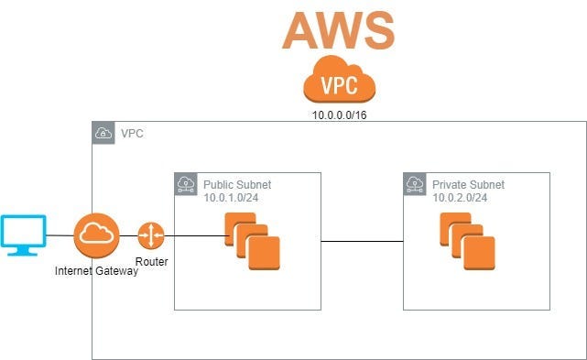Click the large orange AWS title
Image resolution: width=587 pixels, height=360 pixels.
pyautogui.click(x=338, y=29)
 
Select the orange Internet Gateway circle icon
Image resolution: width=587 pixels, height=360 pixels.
pyautogui.click(x=96, y=235)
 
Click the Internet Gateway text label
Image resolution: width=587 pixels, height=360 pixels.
pyautogui.click(x=96, y=271)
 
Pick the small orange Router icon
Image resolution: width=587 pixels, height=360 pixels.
pyautogui.click(x=150, y=235)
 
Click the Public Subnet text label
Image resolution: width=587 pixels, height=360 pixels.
pyautogui.click(x=237, y=185)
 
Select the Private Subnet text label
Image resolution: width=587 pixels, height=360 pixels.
pyautogui.click(x=468, y=185)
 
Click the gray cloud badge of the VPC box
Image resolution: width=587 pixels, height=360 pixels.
pyautogui.click(x=103, y=134)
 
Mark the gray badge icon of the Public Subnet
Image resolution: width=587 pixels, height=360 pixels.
pyautogui.click(x=186, y=184)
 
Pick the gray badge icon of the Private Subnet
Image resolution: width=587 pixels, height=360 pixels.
pyautogui.click(x=415, y=184)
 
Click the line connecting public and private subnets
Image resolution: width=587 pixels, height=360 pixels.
pyautogui.click(x=362, y=242)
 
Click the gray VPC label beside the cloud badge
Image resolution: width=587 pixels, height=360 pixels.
pyautogui.click(x=132, y=134)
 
